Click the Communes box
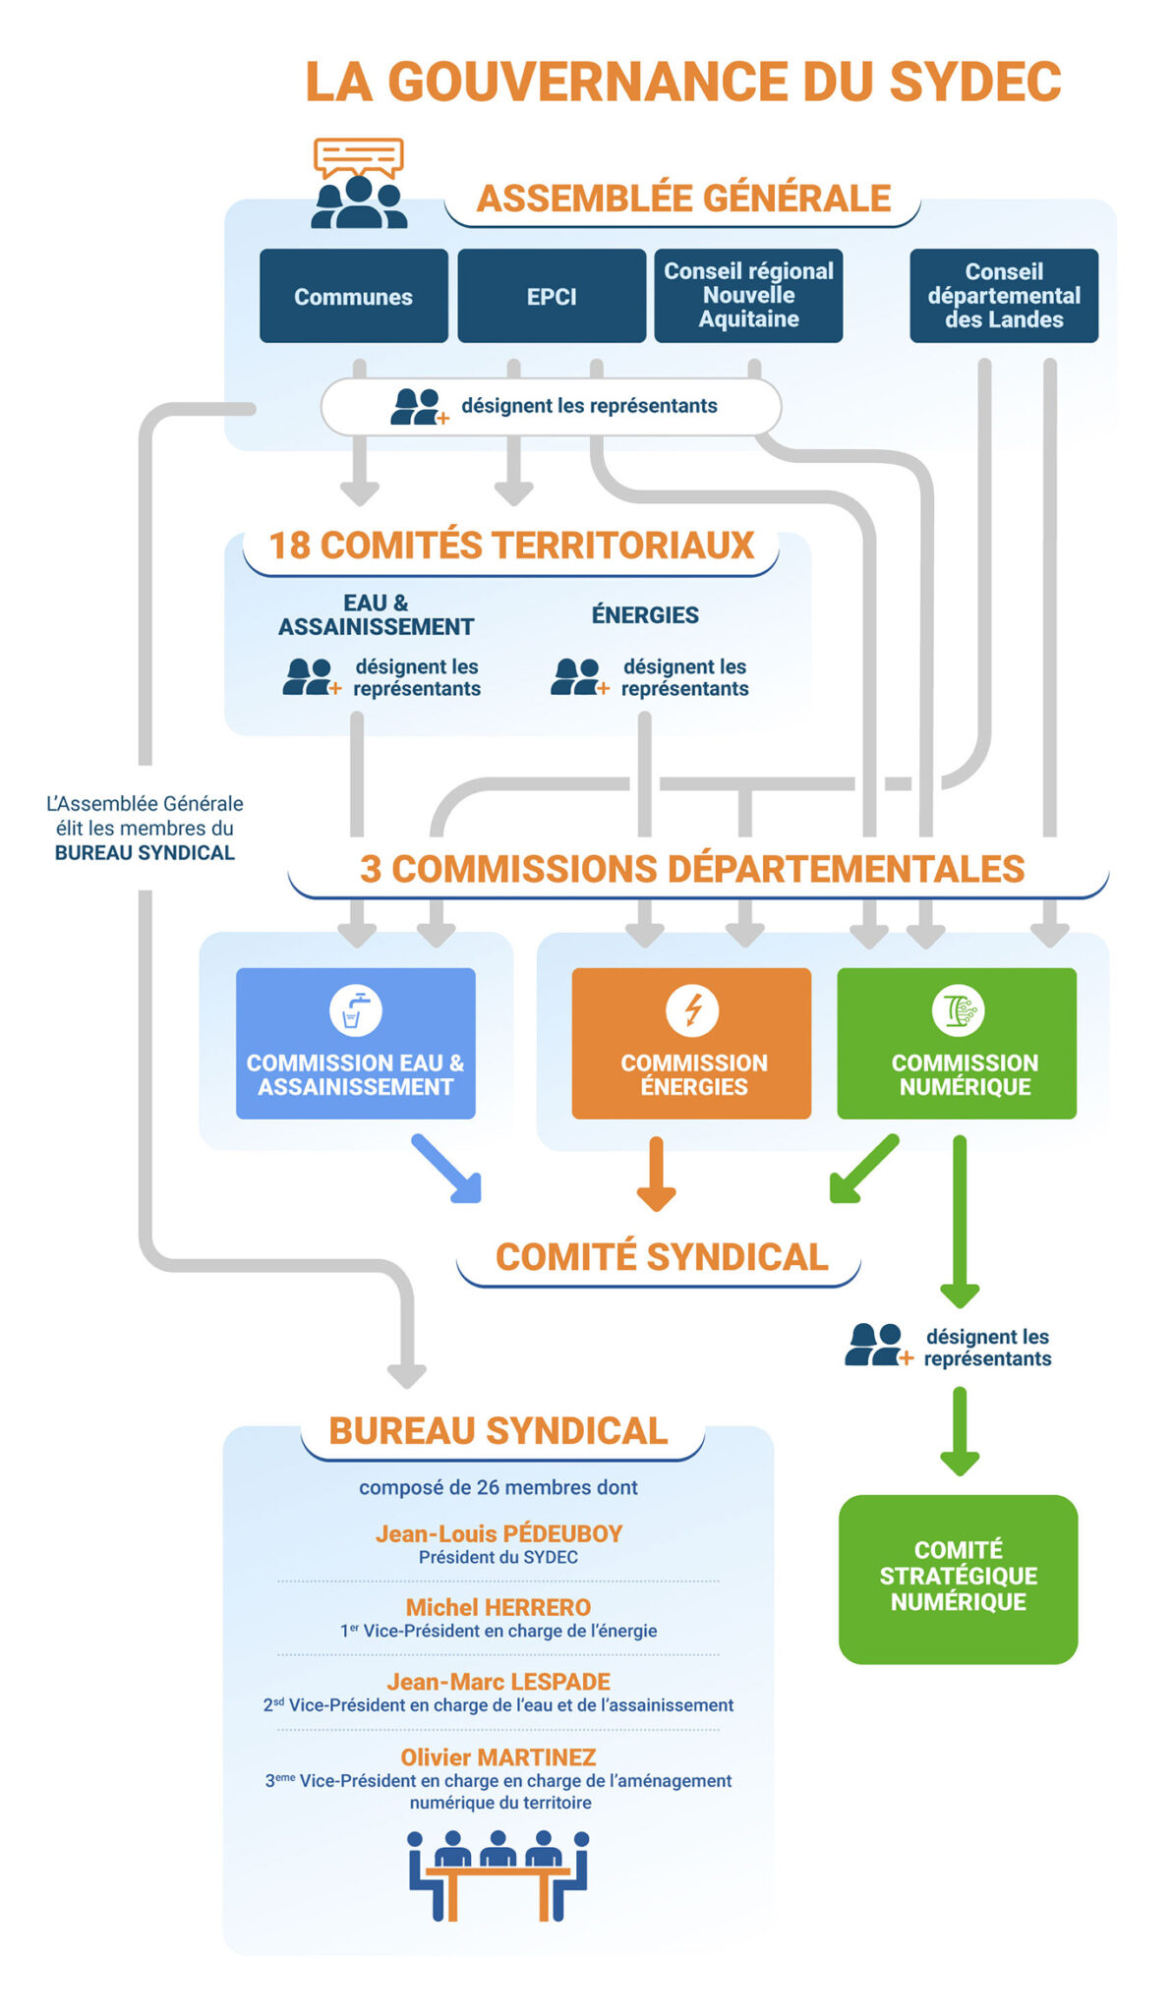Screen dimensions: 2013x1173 [353, 296]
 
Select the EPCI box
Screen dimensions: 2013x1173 [552, 296]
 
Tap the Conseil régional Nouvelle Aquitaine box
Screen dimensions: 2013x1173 [748, 295]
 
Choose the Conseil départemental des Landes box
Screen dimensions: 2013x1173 [1004, 295]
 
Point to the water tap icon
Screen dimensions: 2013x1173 [355, 1010]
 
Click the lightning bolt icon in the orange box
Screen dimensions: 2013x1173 [692, 1010]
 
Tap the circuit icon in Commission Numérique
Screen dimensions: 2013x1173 [958, 1010]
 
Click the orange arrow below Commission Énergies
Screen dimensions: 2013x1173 [656, 1174]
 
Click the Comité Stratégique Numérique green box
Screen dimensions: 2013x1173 [958, 1579]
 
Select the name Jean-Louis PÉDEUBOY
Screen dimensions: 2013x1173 [499, 1533]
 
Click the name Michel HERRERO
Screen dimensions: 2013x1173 [499, 1607]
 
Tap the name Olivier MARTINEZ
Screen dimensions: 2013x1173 [499, 1756]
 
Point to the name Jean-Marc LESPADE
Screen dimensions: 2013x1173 [499, 1682]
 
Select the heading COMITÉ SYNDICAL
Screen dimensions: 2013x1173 [662, 1257]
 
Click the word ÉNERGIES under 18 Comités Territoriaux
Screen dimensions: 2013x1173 [645, 615]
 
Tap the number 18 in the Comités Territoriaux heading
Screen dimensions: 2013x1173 [289, 546]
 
